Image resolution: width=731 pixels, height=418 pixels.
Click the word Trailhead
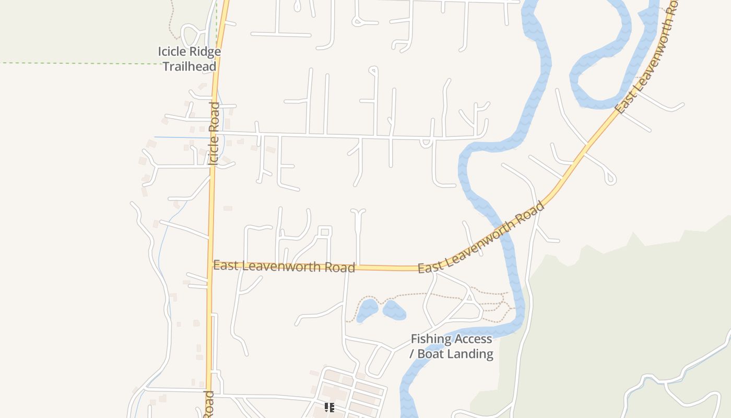tap(189, 66)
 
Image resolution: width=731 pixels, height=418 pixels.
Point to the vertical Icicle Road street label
tap(214, 134)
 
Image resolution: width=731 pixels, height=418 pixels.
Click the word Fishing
tap(431, 339)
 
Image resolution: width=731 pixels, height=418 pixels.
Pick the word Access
tap(473, 339)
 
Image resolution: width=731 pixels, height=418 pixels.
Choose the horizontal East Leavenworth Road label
tap(284, 266)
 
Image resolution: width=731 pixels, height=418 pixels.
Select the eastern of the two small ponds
tap(394, 310)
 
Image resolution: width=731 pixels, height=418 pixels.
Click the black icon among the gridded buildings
tap(329, 407)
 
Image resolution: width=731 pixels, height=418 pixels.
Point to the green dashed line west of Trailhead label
tap(78, 63)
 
